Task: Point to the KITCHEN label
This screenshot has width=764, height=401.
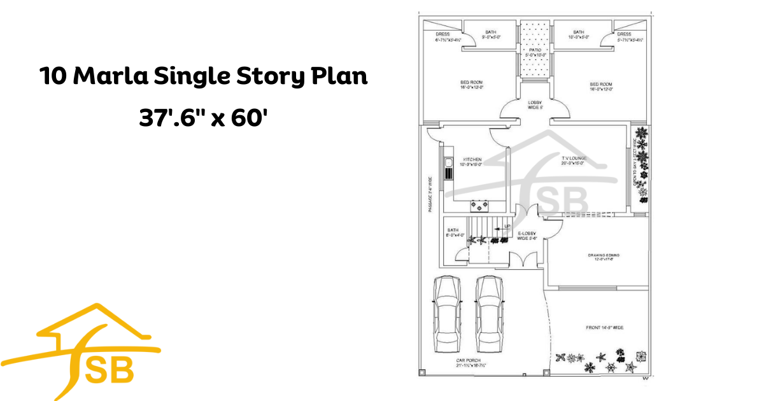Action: [x=472, y=159]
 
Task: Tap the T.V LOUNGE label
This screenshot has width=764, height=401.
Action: [x=574, y=158]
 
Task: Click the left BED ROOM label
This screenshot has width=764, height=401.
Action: [x=472, y=84]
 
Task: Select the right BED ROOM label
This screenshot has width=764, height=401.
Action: [x=601, y=84]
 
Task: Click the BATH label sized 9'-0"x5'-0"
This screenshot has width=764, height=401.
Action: [x=491, y=32]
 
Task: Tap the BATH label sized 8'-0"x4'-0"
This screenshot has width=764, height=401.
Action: [x=453, y=230]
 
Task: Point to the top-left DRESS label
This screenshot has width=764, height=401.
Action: [x=443, y=34]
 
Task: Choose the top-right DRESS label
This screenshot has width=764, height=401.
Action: [x=624, y=34]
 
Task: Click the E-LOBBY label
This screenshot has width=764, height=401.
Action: [x=527, y=234]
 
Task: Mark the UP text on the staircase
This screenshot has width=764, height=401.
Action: [x=507, y=226]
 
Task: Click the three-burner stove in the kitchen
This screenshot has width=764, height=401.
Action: [x=478, y=205]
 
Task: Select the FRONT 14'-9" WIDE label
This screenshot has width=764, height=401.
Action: [x=604, y=328]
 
